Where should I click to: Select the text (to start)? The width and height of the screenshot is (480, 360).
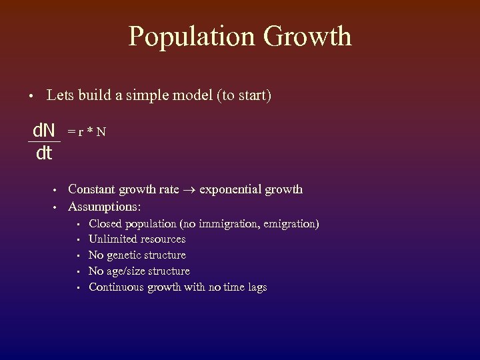click(x=243, y=95)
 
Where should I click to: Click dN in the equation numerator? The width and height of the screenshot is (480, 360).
click(x=44, y=131)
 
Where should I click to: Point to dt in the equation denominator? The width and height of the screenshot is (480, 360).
click(x=44, y=153)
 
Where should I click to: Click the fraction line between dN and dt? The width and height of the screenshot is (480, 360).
click(x=44, y=141)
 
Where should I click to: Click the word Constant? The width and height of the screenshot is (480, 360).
click(x=93, y=189)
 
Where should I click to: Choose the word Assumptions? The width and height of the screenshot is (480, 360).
click(x=105, y=206)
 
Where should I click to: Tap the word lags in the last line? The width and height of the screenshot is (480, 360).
click(x=255, y=287)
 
